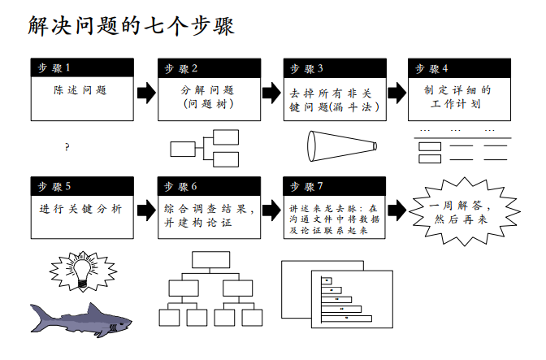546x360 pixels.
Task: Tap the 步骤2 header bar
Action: [208, 68]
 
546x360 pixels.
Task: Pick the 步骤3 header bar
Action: [334, 68]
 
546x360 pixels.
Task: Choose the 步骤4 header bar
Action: [459, 68]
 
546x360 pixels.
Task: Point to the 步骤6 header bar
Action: [208, 186]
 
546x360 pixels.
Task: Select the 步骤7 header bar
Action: [334, 186]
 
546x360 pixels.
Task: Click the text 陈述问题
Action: [80, 90]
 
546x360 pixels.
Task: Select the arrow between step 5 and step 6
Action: [146, 210]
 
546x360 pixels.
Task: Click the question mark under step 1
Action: [67, 147]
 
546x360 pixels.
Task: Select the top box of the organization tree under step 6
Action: [211, 260]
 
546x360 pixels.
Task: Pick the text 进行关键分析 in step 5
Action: [80, 209]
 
